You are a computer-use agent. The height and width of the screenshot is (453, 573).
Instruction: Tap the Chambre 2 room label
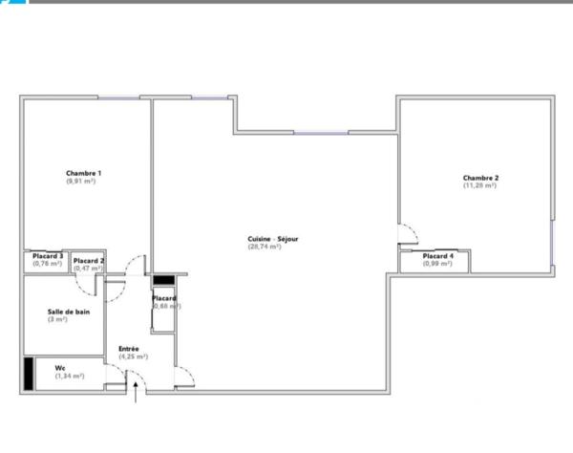point(480,178)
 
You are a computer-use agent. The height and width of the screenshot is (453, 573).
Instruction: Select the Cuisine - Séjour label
point(264,239)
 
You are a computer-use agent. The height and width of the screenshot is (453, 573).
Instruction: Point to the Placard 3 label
point(48,256)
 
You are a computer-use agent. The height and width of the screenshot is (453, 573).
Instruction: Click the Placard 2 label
point(89,261)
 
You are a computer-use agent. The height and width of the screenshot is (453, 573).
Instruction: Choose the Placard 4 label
point(438,256)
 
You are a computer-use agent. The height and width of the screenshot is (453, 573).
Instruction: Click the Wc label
point(59,367)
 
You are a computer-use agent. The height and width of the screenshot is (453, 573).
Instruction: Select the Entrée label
point(129,349)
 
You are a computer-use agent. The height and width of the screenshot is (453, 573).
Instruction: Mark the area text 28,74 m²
point(264,247)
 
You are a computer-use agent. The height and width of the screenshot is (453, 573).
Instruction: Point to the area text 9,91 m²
point(81,181)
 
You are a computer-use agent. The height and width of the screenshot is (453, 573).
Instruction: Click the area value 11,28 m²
point(480,185)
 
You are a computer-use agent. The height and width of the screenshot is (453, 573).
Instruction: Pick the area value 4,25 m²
point(133,356)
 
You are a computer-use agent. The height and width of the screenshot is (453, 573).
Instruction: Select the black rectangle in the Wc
point(29,373)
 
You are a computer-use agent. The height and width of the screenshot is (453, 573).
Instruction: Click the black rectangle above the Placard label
point(163,280)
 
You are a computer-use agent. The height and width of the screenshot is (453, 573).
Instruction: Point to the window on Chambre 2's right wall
point(553,245)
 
